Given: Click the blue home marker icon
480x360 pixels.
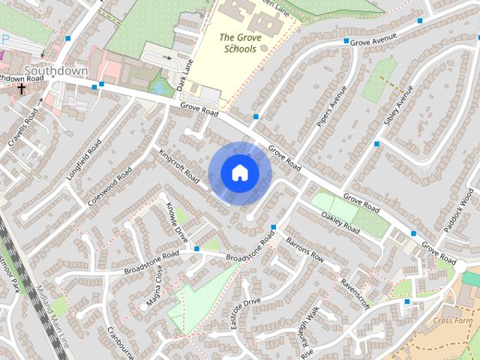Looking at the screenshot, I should [239, 172].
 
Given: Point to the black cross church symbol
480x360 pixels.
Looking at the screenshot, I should [22, 88].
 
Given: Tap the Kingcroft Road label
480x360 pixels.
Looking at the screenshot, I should [179, 166].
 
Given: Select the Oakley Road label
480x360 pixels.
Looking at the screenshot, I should [341, 219].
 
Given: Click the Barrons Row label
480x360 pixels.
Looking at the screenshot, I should [306, 250].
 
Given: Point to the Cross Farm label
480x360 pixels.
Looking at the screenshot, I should [454, 320].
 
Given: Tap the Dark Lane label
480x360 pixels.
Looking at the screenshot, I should [185, 75].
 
